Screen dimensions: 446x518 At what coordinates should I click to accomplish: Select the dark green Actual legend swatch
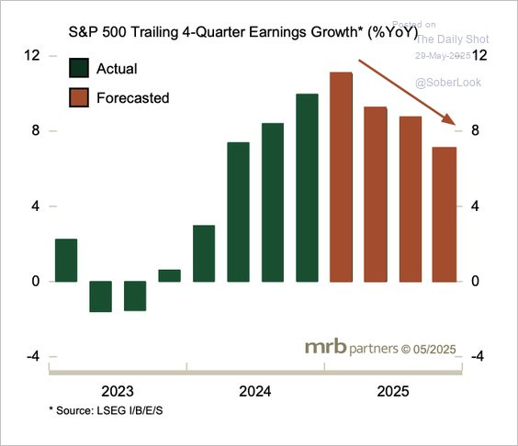point(79,69)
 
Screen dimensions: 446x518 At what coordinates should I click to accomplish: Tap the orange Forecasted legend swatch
point(79,96)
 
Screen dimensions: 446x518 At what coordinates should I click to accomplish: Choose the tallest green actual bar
point(307,187)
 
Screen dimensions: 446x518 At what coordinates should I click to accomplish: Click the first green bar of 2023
point(66,260)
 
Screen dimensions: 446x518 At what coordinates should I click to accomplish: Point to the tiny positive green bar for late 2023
point(169,275)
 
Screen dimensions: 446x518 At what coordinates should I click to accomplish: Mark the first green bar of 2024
point(204,253)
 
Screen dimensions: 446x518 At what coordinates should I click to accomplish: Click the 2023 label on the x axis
point(118,390)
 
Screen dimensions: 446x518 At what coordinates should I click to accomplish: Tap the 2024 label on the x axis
point(254,390)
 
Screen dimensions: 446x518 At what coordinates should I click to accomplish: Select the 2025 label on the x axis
point(392,390)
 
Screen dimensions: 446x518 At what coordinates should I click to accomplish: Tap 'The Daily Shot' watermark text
point(452,39)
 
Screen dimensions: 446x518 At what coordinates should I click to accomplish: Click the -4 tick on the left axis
point(32,357)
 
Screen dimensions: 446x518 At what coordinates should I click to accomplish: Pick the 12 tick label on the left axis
point(32,56)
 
